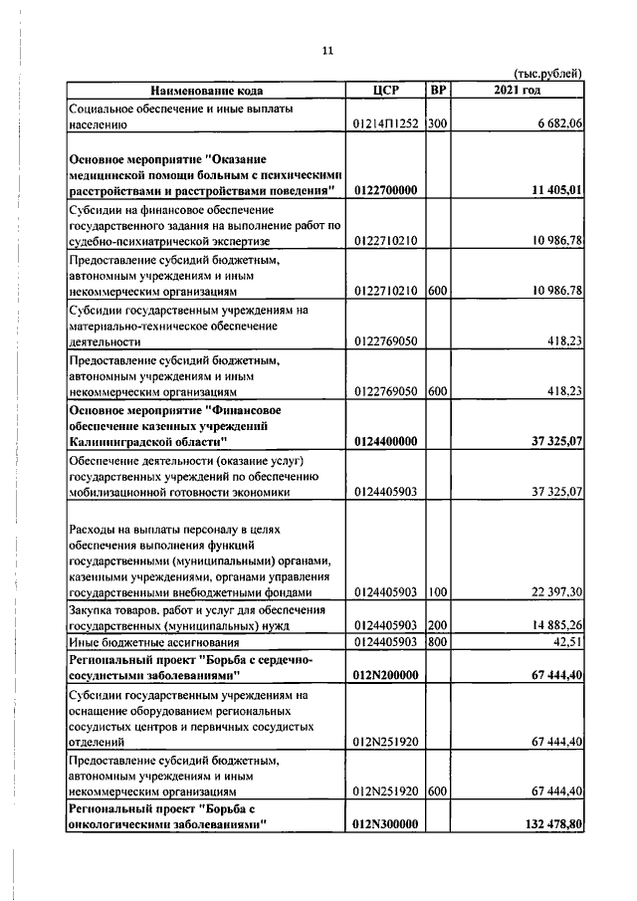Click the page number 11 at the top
(326, 51)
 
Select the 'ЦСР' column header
(384, 92)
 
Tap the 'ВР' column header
(437, 92)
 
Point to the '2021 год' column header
(518, 92)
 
